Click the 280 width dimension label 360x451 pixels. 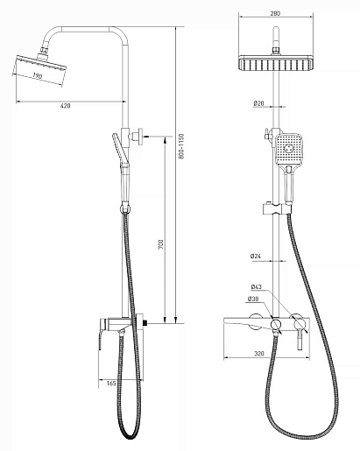coord(275,13)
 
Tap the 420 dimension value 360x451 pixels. coord(65,106)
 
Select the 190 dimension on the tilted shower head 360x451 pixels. coord(37,76)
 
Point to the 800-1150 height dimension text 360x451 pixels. coord(181,146)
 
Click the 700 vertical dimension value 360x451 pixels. coord(161,244)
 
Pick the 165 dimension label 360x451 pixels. coord(111,384)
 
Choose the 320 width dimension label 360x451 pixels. coord(259,354)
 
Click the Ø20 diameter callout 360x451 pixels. coord(258,103)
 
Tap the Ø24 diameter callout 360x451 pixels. coord(256,257)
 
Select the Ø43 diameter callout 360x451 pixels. coord(257,287)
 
